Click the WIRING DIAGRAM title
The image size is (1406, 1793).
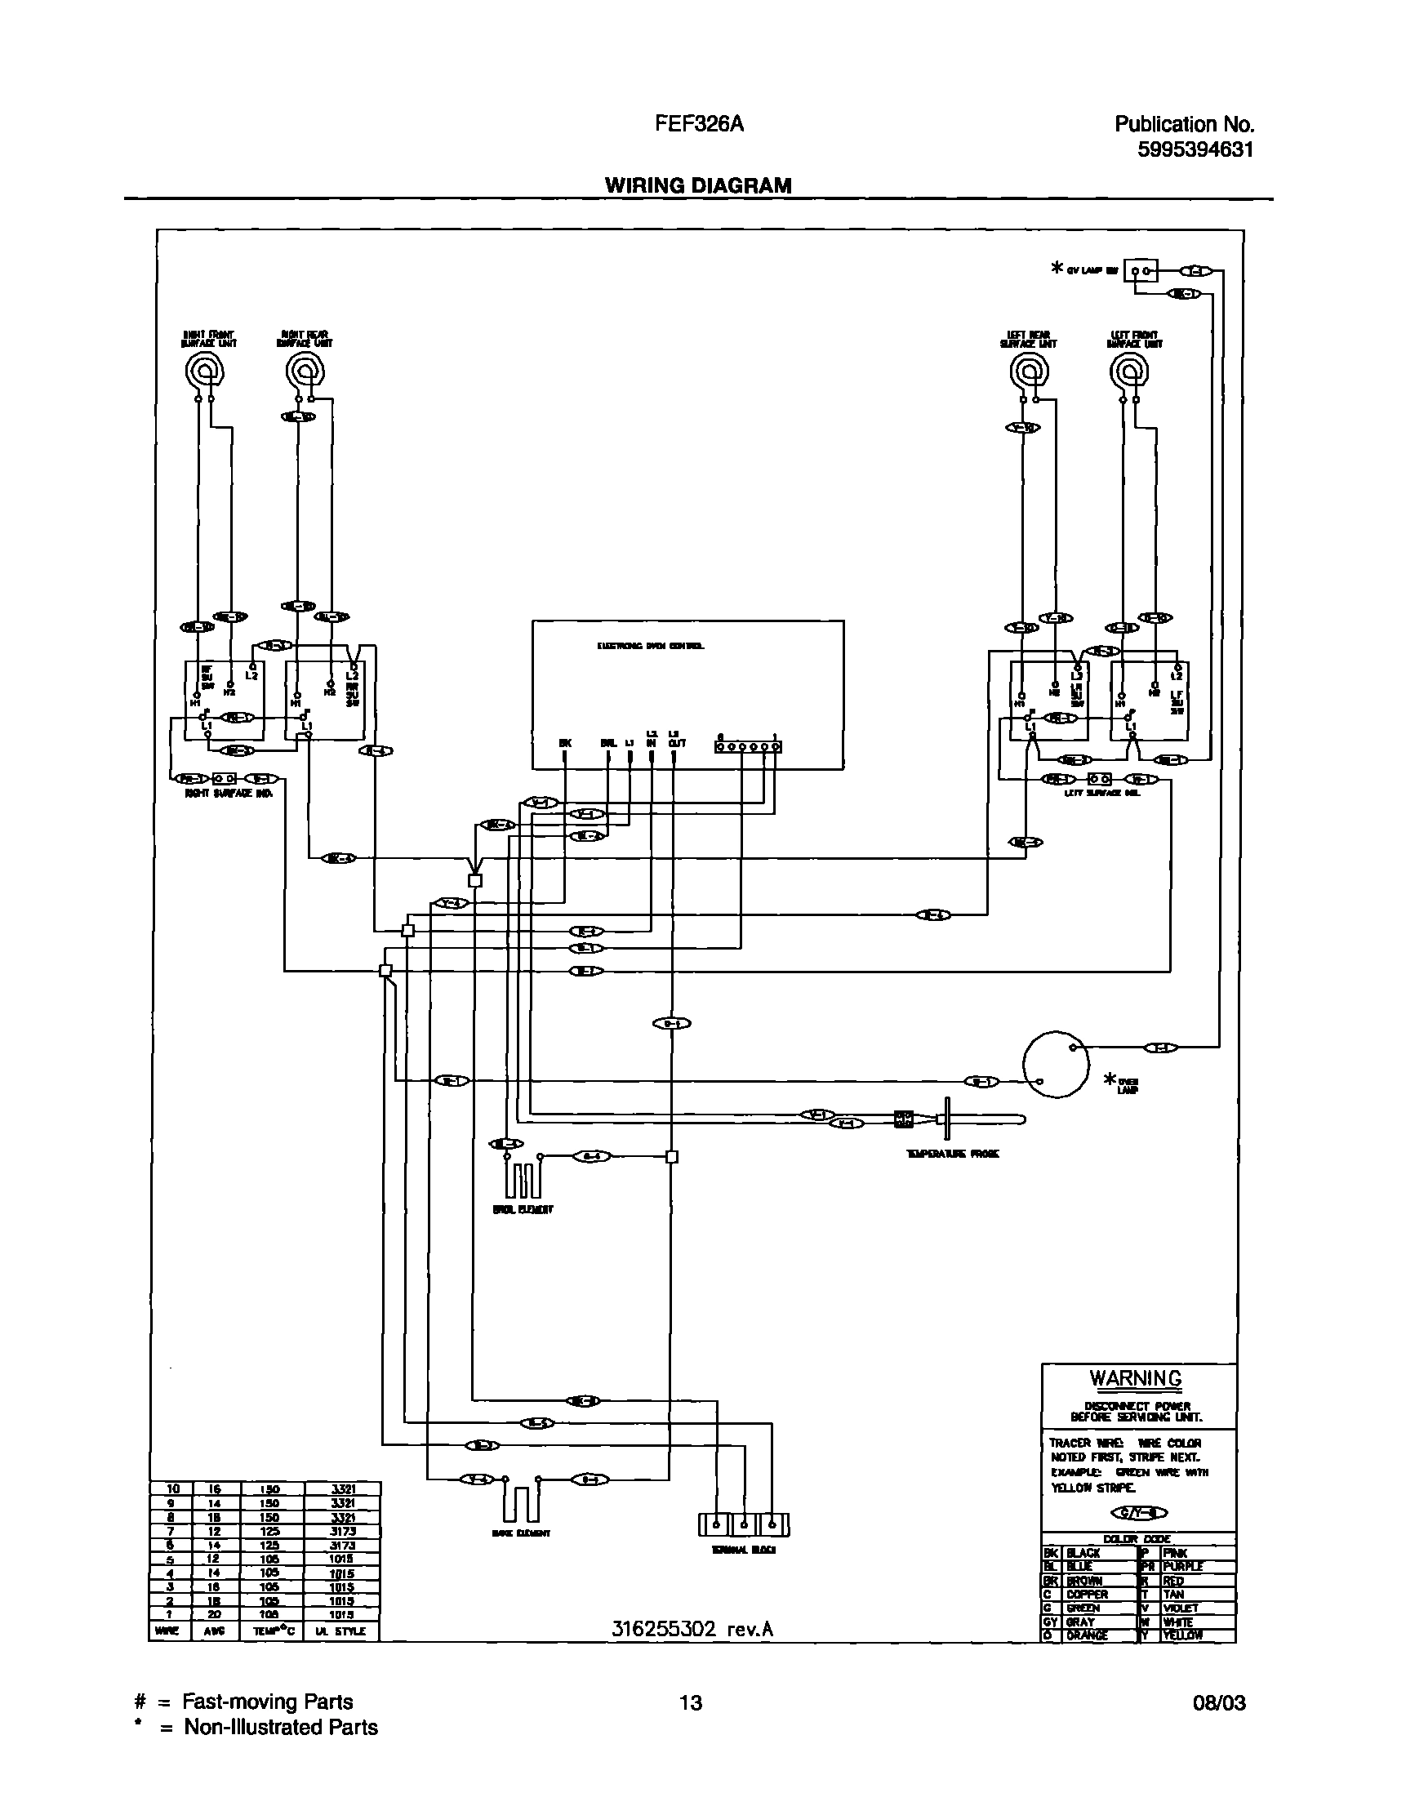[x=698, y=186]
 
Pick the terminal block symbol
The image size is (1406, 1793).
[x=743, y=1524]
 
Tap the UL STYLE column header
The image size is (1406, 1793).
[x=340, y=1631]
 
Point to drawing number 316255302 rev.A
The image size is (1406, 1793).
[x=692, y=1628]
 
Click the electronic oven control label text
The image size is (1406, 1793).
[x=650, y=646]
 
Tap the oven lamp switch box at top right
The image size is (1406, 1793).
[x=1141, y=270]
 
